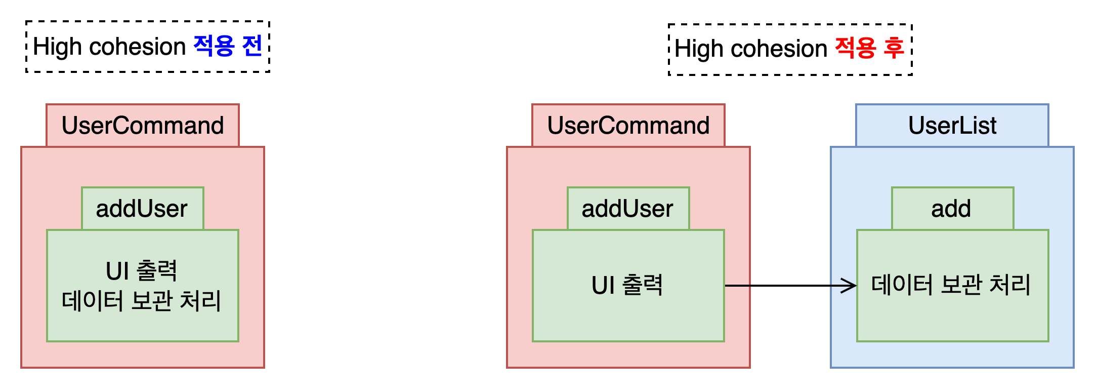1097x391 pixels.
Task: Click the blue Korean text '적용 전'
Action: click(x=228, y=46)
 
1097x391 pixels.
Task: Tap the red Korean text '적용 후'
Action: click(x=869, y=48)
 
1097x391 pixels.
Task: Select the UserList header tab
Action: click(x=952, y=125)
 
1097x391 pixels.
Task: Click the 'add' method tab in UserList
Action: click(x=953, y=208)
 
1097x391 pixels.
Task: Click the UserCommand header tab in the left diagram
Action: click(x=143, y=125)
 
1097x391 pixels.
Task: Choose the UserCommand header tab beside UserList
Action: click(x=628, y=125)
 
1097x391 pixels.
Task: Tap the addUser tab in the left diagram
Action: click(x=143, y=208)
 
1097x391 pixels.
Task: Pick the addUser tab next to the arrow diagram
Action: click(x=628, y=208)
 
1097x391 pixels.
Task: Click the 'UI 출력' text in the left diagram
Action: click(x=142, y=271)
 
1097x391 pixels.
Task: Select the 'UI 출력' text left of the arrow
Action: click(x=627, y=285)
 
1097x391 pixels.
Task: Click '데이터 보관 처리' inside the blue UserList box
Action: click(x=951, y=285)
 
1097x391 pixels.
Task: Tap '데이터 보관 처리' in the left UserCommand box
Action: click(x=142, y=300)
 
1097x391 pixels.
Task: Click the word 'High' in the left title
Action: click(x=57, y=47)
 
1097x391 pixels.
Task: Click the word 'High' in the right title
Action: click(x=699, y=49)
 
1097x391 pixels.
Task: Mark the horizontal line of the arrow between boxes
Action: click(x=790, y=286)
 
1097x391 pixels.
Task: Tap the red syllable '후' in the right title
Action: click(x=894, y=48)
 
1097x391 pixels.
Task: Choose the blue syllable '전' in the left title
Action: click(x=252, y=46)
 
